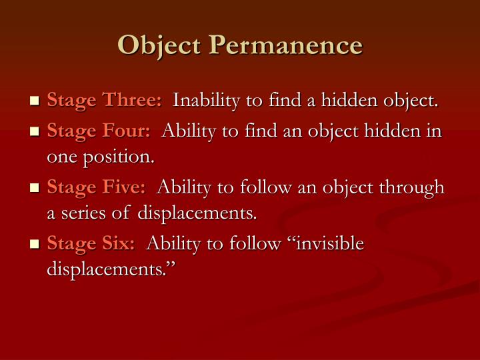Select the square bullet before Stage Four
[35, 132]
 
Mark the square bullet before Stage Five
[35, 189]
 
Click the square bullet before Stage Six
[35, 245]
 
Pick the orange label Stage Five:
[97, 187]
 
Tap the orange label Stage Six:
[91, 244]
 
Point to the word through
[412, 187]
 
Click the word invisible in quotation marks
[329, 244]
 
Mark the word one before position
[62, 159]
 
